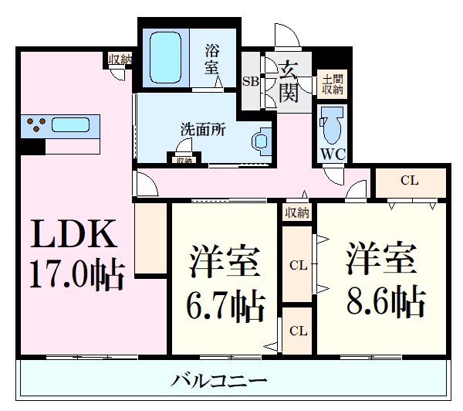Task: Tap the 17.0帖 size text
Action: click(x=77, y=274)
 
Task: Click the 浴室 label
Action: click(x=211, y=59)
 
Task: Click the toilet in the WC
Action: click(x=333, y=123)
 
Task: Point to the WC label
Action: click(x=333, y=153)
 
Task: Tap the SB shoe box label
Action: click(x=251, y=80)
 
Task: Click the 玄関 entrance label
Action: click(x=289, y=82)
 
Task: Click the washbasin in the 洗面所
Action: click(x=260, y=140)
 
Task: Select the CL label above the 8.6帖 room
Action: click(x=409, y=181)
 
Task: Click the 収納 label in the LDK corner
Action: click(x=120, y=59)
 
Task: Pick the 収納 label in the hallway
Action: click(x=296, y=212)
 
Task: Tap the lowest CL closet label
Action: click(x=297, y=330)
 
